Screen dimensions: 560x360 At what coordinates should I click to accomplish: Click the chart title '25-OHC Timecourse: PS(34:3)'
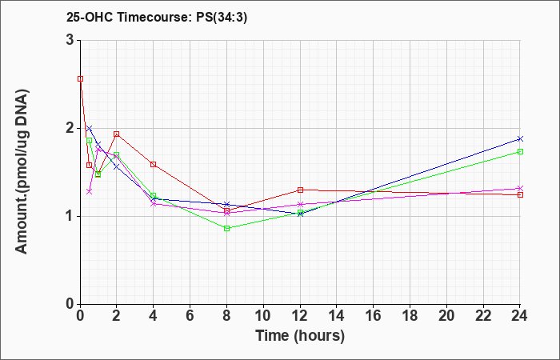tap(157, 18)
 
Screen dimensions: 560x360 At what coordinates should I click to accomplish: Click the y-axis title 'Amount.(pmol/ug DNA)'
tap(22, 172)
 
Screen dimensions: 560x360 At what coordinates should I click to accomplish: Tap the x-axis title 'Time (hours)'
tap(300, 336)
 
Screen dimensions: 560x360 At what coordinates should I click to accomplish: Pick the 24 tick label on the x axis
tap(519, 316)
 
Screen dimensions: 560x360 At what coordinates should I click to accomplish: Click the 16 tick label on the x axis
tap(374, 316)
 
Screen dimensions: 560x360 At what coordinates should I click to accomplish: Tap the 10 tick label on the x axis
tap(263, 316)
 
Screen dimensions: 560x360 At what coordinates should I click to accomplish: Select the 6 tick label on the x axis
tap(190, 316)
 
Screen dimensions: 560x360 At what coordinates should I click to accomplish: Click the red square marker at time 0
tap(81, 79)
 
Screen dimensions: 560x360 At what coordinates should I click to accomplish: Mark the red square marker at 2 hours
tap(117, 134)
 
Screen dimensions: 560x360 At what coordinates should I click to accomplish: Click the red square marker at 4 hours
tap(154, 164)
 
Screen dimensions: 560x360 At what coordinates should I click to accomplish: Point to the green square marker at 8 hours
tap(226, 228)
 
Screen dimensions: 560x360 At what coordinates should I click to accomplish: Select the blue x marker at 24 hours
tap(520, 138)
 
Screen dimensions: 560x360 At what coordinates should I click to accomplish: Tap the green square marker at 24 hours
tap(520, 151)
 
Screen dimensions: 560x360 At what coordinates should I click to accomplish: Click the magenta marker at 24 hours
tap(520, 188)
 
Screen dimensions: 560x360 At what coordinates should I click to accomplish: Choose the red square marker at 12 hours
tap(300, 190)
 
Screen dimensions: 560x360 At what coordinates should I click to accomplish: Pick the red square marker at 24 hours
tap(520, 194)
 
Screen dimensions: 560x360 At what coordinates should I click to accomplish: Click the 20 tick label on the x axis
tap(446, 316)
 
